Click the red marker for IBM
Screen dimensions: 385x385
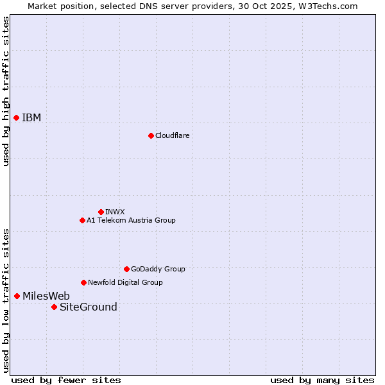tap(16, 117)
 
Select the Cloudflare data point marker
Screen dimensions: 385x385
tap(151, 135)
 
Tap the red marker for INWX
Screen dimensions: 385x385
tap(101, 212)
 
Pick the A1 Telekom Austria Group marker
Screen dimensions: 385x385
tap(82, 220)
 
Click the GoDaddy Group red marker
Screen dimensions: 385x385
tap(126, 269)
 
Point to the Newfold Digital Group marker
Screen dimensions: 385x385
tap(83, 282)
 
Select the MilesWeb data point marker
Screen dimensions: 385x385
tap(17, 296)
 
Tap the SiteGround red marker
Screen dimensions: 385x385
tap(54, 307)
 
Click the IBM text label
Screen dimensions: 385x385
tap(31, 117)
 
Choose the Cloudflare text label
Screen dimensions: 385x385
tap(172, 135)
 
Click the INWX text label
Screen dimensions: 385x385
tap(115, 212)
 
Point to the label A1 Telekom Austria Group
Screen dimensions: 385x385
tap(131, 220)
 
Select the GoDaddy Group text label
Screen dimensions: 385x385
tap(158, 269)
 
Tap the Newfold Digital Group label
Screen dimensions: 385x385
tap(125, 282)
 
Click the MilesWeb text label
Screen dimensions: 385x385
tap(46, 296)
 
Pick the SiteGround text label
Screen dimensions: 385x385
tap(89, 307)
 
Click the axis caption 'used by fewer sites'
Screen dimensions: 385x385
tap(66, 380)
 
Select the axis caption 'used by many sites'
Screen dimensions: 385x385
tap(322, 380)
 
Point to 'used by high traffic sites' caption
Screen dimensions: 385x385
tap(6, 91)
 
